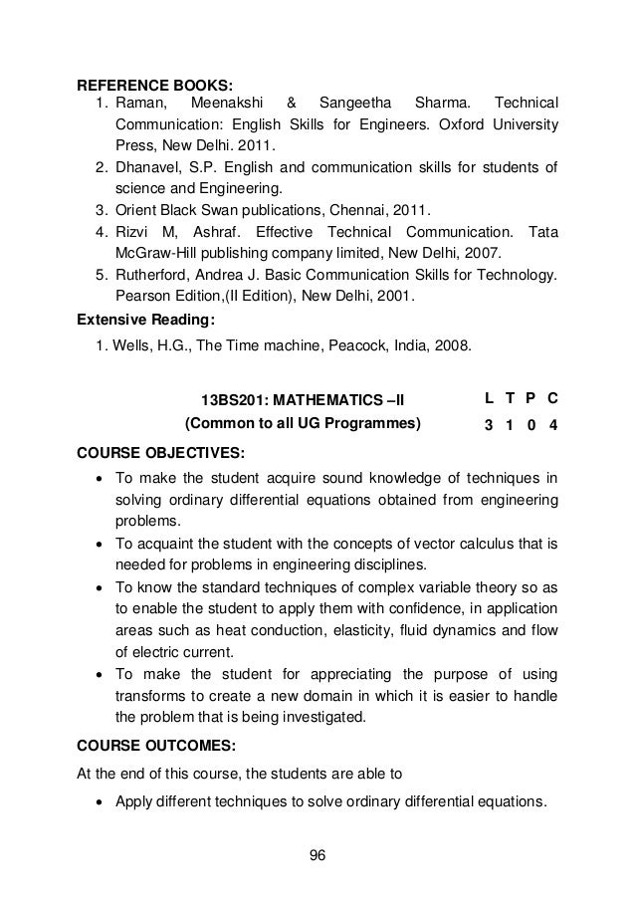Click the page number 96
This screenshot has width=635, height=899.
click(317, 855)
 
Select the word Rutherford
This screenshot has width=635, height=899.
click(155, 275)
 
